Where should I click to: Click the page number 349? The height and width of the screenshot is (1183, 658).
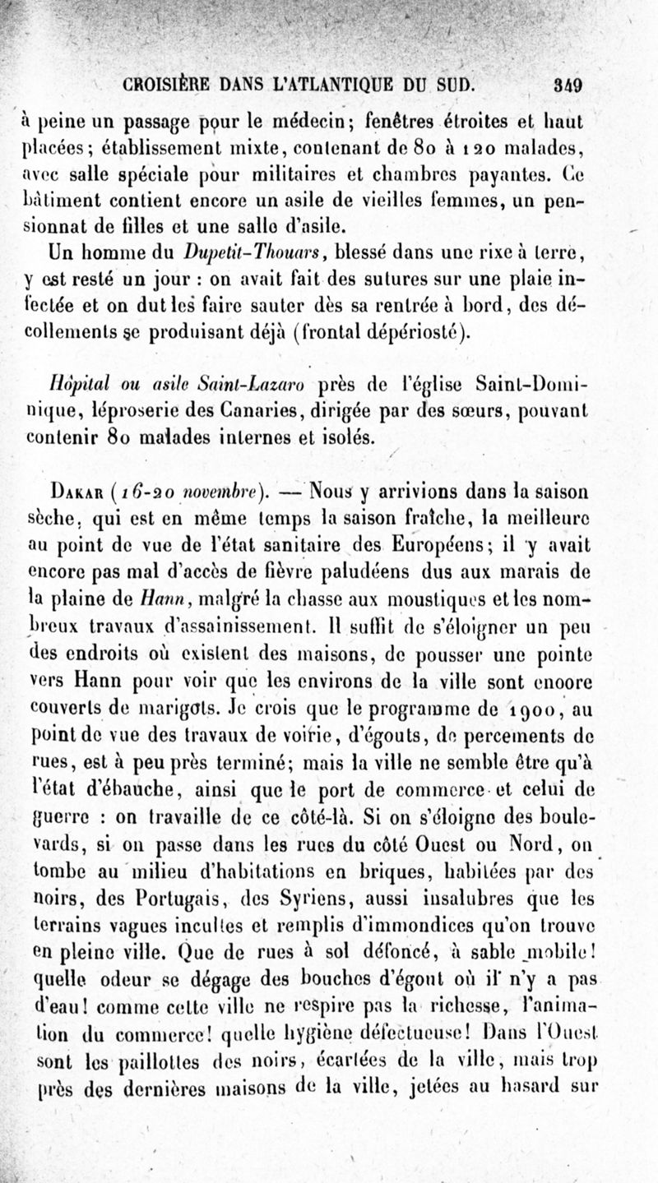click(568, 85)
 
